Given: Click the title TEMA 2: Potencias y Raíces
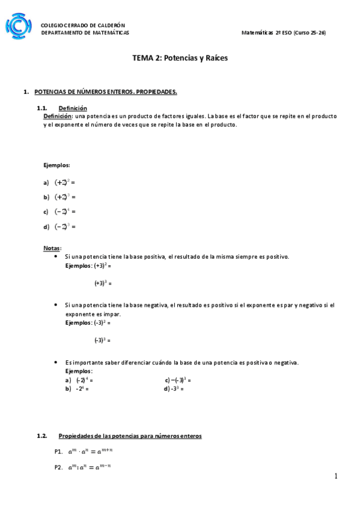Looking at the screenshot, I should pyautogui.click(x=180, y=58).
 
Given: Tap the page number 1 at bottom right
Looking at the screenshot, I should pyautogui.click(x=336, y=476).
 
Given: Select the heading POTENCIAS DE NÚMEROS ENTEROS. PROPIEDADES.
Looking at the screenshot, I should pyautogui.click(x=105, y=92).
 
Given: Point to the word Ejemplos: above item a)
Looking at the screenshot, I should pyautogui.click(x=56, y=164).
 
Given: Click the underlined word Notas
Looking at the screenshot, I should pyautogui.click(x=52, y=248).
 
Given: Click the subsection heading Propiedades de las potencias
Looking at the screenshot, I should pyautogui.click(x=130, y=435).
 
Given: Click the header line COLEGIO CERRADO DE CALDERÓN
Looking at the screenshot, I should pyautogui.click(x=82, y=25).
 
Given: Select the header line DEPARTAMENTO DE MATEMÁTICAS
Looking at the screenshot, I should pyautogui.click(x=84, y=33).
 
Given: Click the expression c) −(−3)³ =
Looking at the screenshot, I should pyautogui.click(x=178, y=380).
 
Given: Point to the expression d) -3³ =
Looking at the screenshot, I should pyautogui.click(x=174, y=389).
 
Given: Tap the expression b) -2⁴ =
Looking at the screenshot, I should pyautogui.click(x=78, y=389).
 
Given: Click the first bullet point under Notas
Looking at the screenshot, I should pyautogui.click(x=55, y=256).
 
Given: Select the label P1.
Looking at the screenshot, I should pyautogui.click(x=58, y=451).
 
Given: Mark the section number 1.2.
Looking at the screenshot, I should pyautogui.click(x=41, y=435).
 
